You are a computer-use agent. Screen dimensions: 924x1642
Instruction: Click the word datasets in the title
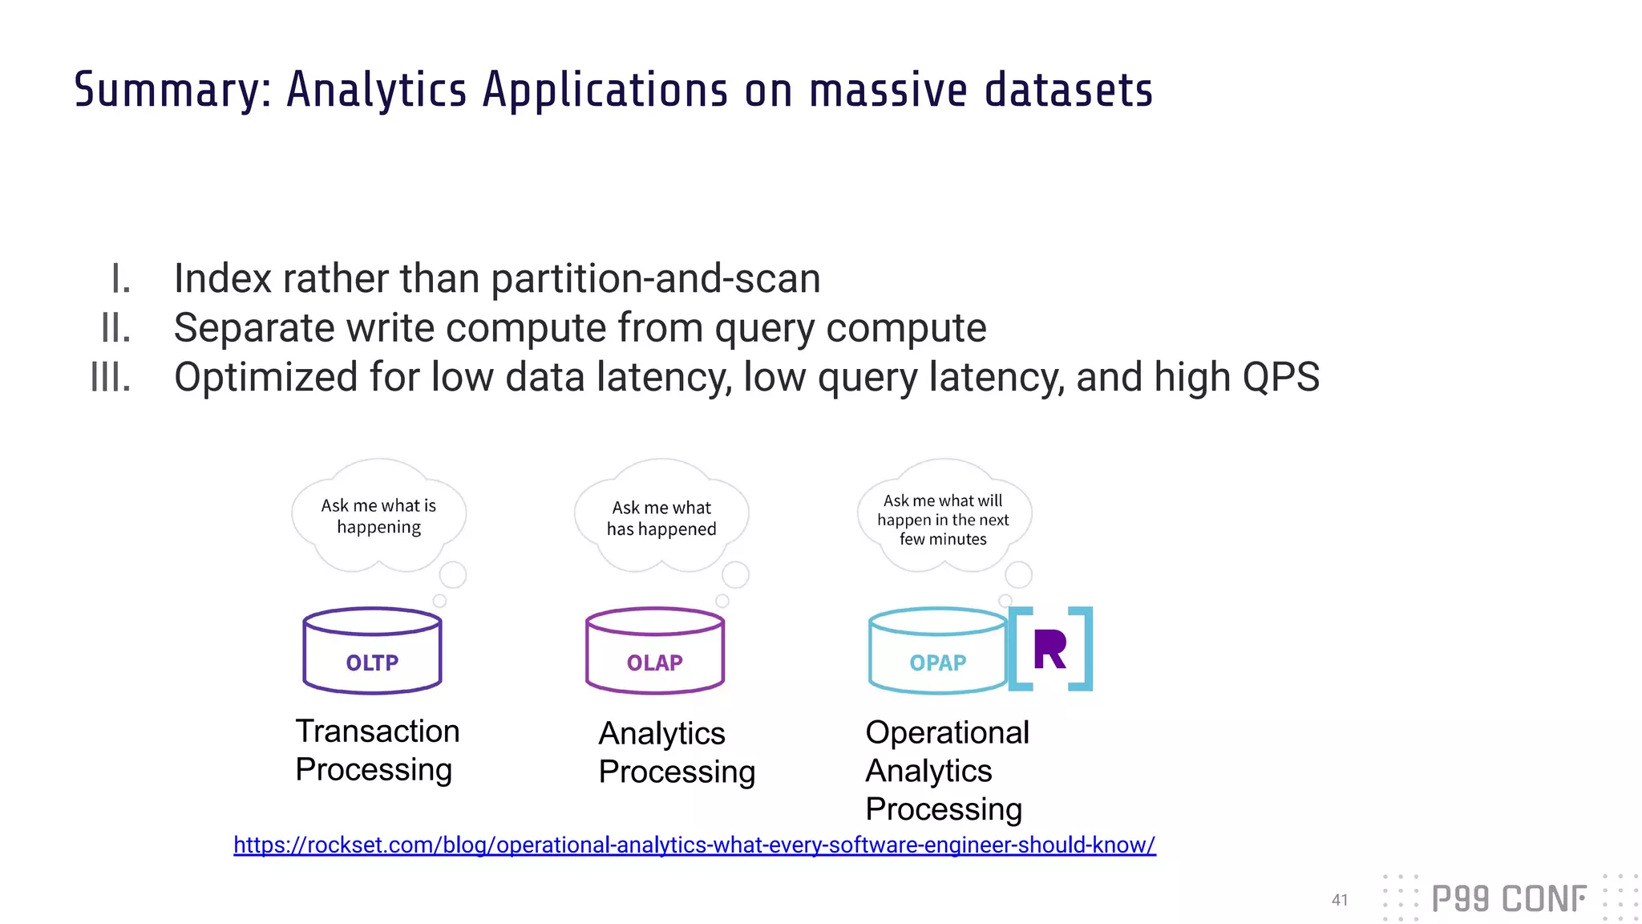coord(1068,90)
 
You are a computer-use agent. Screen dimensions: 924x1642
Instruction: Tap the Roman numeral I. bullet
coord(120,279)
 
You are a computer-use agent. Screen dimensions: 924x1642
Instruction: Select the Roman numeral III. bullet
coord(111,377)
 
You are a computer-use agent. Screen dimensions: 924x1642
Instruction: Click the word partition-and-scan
coord(655,279)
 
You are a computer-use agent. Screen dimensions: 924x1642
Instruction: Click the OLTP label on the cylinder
coord(372,663)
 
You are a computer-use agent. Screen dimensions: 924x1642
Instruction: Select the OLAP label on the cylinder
coord(654,663)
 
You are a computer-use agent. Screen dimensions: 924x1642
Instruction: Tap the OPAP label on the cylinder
coord(937,663)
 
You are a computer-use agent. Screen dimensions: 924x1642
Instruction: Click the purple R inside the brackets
coord(1050,650)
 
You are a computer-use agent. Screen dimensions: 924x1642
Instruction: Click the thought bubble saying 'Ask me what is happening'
coord(378,517)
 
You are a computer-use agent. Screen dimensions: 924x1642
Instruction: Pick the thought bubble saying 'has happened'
coord(661,518)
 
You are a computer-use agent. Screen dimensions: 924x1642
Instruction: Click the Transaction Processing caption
coord(377,750)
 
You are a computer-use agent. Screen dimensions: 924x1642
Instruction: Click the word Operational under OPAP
coord(947,732)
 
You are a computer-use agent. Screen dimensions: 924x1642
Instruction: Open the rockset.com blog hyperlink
coord(694,845)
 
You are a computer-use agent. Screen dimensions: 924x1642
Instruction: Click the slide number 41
coord(1339,900)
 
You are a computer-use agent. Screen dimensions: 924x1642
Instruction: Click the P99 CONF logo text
coord(1508,899)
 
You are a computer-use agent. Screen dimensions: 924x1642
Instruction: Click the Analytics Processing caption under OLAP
coord(676,752)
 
